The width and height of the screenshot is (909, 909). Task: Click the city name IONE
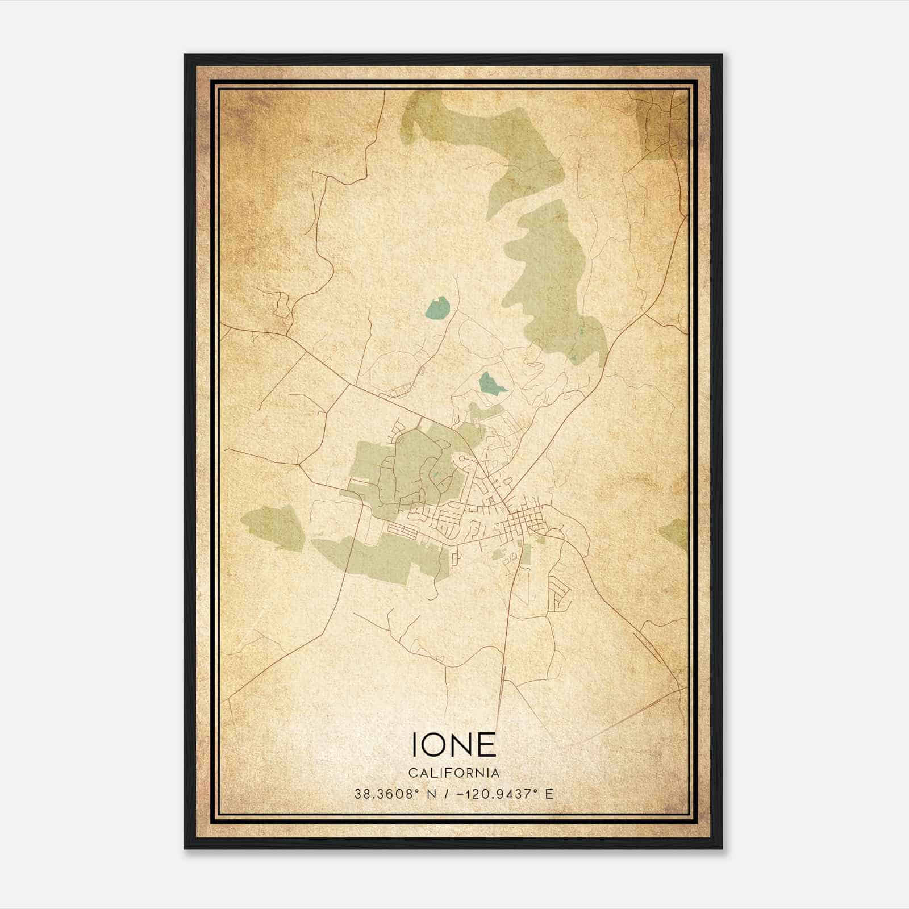coord(453,744)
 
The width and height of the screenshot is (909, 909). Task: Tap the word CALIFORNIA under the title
coord(453,773)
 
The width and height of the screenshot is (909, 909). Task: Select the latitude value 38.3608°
coord(386,794)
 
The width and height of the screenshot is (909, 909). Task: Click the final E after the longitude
coord(549,794)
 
